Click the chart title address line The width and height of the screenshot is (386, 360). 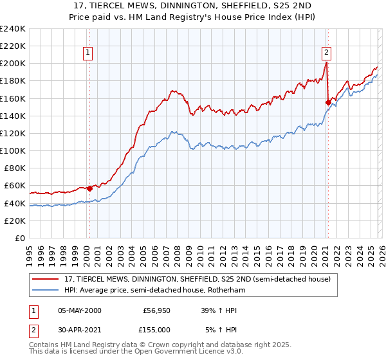coord(193,6)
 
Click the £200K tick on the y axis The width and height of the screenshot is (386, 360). coord(13,64)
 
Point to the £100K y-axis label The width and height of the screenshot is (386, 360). coord(13,150)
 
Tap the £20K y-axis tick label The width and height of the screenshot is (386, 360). coord(15,221)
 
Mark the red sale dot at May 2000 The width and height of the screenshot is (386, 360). coord(89,188)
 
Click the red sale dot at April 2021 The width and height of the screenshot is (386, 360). coord(328,102)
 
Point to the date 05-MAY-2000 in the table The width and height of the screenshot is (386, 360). coord(79,310)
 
